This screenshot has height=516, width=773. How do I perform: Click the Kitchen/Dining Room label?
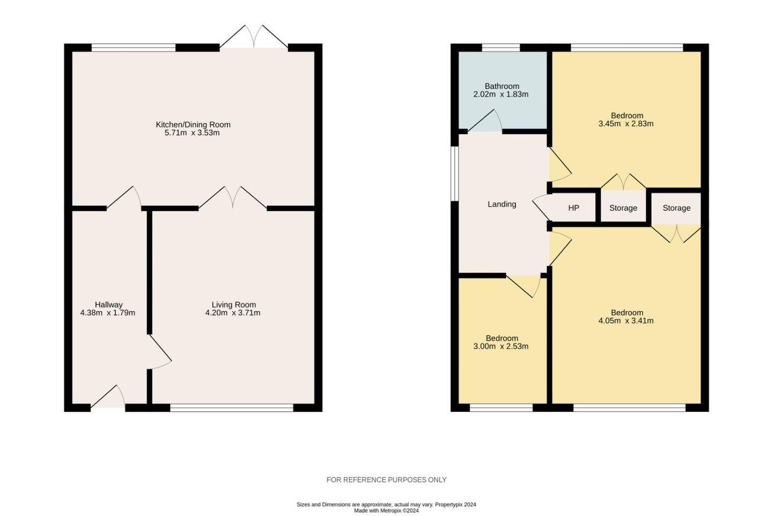click(193, 125)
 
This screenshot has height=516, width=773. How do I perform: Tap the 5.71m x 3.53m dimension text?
click(192, 133)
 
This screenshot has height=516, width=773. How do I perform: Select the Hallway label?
click(108, 305)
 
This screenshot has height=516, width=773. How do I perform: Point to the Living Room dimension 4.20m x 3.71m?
click(232, 313)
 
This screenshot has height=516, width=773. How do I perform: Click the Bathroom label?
click(501, 86)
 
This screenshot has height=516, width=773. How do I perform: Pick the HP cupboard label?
click(573, 208)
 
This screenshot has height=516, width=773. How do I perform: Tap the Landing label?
click(501, 204)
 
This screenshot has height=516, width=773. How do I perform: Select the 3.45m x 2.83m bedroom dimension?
click(626, 124)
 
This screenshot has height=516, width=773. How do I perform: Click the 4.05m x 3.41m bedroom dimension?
click(626, 321)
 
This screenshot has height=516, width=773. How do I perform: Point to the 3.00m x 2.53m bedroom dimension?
click(501, 347)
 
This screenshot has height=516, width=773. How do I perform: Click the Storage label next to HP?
click(623, 208)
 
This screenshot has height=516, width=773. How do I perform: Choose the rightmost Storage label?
click(676, 208)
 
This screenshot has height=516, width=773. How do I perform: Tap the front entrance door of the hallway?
click(108, 398)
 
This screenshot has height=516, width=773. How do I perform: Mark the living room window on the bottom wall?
click(231, 407)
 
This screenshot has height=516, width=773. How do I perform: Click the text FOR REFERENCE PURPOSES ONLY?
click(386, 480)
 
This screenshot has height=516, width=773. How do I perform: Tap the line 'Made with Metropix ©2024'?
click(386, 511)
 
